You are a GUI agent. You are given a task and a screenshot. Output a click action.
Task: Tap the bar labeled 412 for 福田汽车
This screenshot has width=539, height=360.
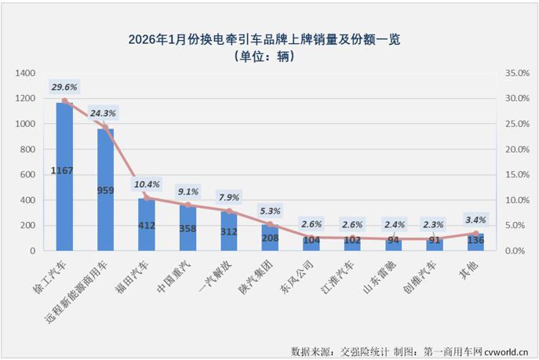click(147, 225)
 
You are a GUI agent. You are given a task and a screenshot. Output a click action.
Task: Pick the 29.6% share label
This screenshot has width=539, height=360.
click(64, 87)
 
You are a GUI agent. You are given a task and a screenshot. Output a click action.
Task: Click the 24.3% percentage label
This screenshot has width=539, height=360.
click(106, 113)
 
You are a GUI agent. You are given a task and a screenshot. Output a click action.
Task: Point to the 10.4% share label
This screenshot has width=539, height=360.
click(147, 185)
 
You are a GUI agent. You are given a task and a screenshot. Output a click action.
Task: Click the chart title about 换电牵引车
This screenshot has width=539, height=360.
click(269, 38)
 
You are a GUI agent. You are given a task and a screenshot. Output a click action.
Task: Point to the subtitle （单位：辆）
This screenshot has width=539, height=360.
click(269, 56)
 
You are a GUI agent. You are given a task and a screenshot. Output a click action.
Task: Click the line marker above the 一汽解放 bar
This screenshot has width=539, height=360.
click(229, 211)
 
